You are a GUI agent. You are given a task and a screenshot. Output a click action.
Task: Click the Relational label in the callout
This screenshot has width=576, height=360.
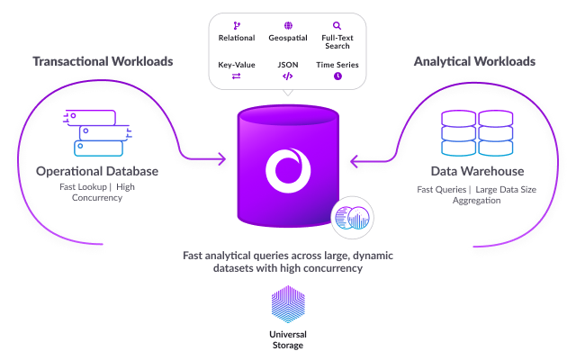coord(237,39)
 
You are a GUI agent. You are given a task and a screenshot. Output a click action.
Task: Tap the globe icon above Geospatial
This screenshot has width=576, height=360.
coord(287,26)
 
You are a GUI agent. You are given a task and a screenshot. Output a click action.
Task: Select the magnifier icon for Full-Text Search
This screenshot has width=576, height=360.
coord(337,26)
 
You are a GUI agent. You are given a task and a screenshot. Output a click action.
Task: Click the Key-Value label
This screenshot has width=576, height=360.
coord(237,65)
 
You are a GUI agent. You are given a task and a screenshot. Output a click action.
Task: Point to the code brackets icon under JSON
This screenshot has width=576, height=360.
coord(287,77)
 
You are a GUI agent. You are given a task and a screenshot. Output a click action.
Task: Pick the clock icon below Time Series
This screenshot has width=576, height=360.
coord(337,77)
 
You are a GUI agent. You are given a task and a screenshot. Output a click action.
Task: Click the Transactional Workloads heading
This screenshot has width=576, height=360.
coord(103,62)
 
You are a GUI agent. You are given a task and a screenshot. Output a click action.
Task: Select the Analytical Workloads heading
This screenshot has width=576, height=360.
coord(474,62)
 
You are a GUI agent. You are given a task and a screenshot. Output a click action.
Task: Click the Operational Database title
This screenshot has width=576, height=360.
coord(97,171)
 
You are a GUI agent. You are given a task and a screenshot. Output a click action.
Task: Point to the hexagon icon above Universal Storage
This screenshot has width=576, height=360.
coord(288,304)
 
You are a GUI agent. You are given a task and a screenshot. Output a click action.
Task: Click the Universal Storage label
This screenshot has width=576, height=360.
coord(288,339)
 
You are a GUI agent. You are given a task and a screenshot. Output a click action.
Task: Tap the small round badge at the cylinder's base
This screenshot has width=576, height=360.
coord(352,219)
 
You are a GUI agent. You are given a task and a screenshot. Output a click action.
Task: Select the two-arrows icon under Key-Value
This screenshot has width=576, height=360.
coord(237,77)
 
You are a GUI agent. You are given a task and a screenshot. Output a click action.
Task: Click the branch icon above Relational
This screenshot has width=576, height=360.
coord(237,26)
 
